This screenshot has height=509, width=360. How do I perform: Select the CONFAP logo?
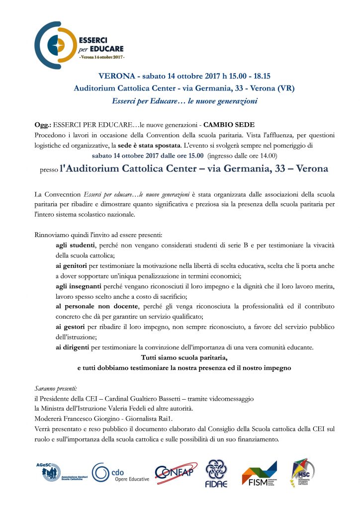point(176,472)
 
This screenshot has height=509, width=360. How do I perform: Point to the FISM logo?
point(259,473)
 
